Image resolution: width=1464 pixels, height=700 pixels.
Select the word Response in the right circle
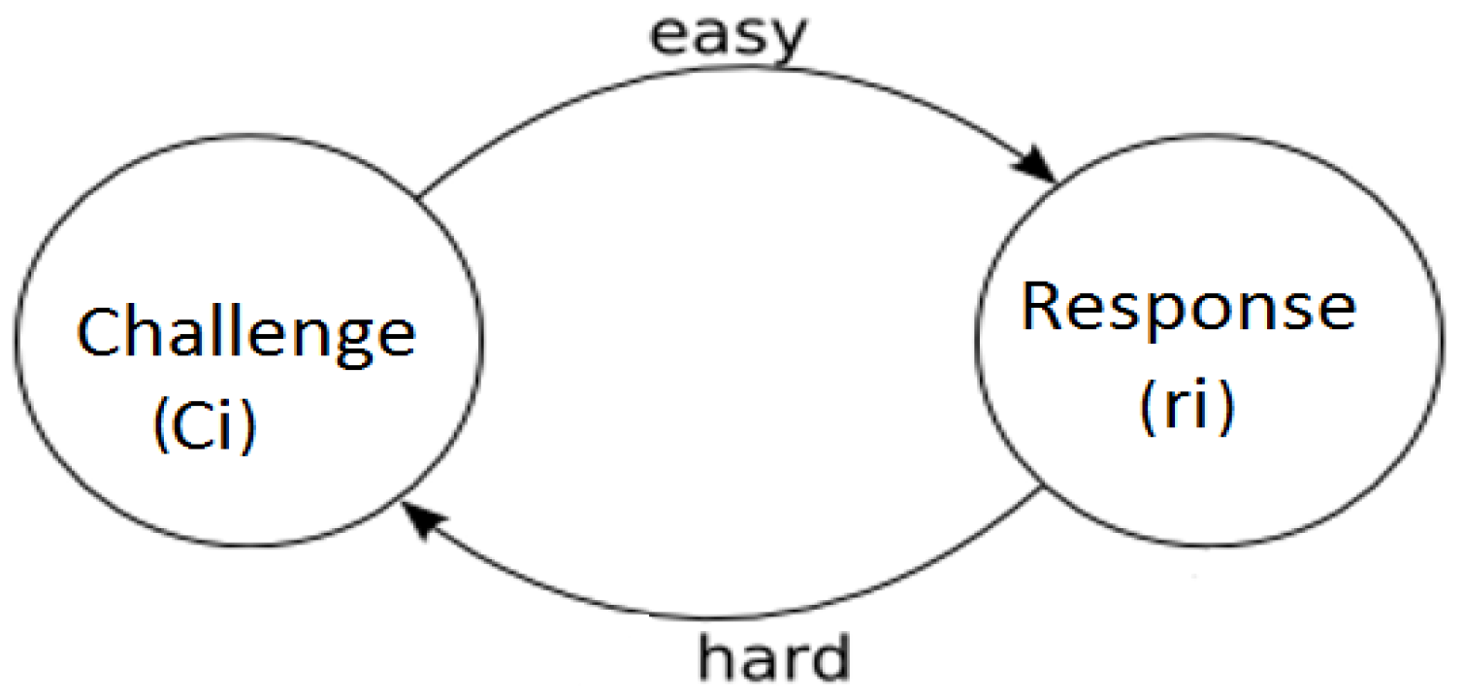pyautogui.click(x=1188, y=310)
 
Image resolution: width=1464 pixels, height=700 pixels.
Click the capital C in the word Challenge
pyautogui.click(x=100, y=333)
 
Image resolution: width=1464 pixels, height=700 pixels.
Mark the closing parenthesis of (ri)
pyautogui.click(x=1224, y=407)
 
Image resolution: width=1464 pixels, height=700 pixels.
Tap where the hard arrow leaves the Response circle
pyautogui.click(x=1044, y=492)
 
